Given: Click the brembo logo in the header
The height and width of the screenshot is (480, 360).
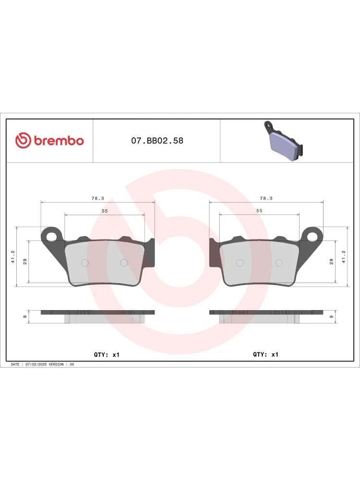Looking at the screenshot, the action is click(x=49, y=141).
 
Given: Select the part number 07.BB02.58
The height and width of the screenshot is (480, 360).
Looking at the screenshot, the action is click(x=157, y=141).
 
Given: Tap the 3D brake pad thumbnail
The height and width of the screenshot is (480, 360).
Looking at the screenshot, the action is click(x=284, y=141).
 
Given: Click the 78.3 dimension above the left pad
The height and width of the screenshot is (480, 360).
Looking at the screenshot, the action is click(x=97, y=198).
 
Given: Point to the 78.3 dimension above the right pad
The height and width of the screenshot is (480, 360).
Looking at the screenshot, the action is click(x=266, y=198).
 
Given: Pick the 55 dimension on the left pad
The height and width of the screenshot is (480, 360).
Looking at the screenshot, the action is click(x=105, y=211).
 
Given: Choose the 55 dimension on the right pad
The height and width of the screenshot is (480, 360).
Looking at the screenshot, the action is click(x=259, y=211).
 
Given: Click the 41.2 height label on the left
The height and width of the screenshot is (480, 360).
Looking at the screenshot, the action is click(x=13, y=256).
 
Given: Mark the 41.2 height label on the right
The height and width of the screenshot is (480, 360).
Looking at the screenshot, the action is click(x=344, y=256).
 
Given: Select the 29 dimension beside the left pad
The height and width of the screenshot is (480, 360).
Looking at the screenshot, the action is click(x=25, y=262).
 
